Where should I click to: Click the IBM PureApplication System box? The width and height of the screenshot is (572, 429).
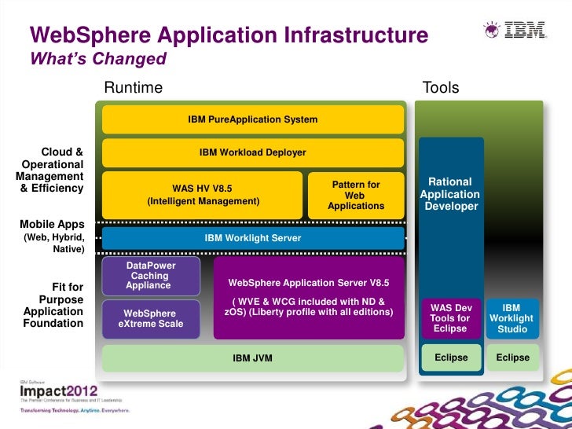[253, 119]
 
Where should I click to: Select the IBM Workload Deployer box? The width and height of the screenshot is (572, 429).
[253, 152]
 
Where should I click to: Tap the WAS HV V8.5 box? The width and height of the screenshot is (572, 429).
[203, 194]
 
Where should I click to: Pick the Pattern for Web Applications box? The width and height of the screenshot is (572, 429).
[356, 195]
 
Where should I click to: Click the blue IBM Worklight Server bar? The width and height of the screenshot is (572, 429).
[253, 237]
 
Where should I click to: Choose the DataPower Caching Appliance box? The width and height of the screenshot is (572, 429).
[150, 276]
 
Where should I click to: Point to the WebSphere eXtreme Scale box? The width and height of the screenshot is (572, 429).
[150, 318]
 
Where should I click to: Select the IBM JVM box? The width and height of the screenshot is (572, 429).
[253, 357]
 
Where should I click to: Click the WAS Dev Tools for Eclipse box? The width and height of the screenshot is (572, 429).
[450, 317]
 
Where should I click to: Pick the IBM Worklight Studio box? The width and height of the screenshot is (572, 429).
[511, 317]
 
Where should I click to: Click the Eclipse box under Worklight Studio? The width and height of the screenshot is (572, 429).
[512, 357]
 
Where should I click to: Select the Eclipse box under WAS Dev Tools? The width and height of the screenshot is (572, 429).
[451, 357]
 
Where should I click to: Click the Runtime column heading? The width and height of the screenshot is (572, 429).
[134, 87]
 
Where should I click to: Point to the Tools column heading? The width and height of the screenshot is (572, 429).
[441, 87]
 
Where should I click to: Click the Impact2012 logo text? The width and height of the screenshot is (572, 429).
[59, 390]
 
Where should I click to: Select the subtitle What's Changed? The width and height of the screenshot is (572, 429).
[98, 59]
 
